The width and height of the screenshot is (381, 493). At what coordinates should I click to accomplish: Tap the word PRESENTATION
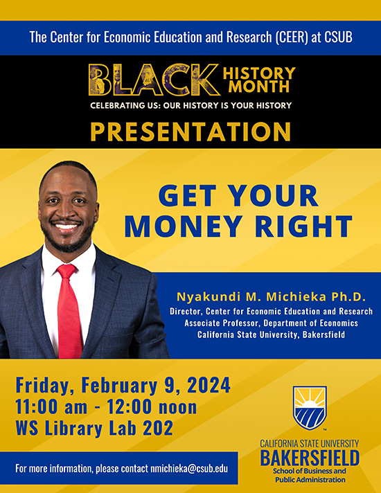click(190, 131)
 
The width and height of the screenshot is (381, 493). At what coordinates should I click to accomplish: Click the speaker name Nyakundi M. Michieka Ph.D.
click(271, 297)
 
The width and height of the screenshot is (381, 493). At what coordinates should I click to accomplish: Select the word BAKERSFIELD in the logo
click(310, 457)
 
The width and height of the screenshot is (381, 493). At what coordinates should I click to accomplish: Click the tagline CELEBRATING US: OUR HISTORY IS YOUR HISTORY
click(190, 105)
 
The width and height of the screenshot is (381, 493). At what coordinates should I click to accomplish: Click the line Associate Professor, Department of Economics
click(271, 323)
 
